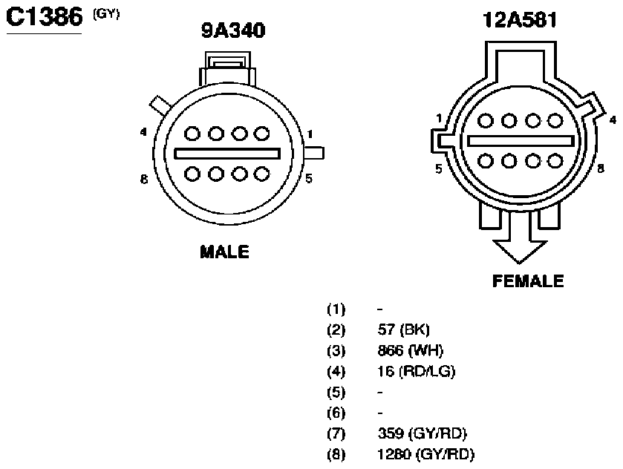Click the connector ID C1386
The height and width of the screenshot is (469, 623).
point(44,17)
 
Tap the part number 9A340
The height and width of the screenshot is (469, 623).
point(233,30)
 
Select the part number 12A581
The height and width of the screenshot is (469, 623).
point(520,20)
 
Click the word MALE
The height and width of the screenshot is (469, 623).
point(224,252)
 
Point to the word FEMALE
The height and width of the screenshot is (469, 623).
point(528,281)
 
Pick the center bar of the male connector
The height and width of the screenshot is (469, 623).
point(227,154)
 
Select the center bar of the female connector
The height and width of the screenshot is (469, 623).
point(521,141)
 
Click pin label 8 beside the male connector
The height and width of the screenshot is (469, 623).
point(144,180)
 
